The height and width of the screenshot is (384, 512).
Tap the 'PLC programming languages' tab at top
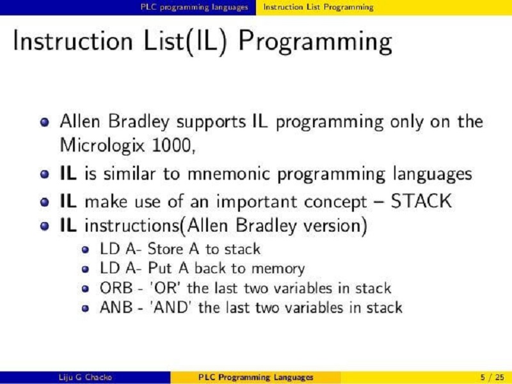194,7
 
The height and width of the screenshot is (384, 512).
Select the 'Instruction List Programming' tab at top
318,7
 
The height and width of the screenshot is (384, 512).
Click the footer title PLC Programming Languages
256,377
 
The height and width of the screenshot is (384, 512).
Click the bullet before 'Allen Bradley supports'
44,122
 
